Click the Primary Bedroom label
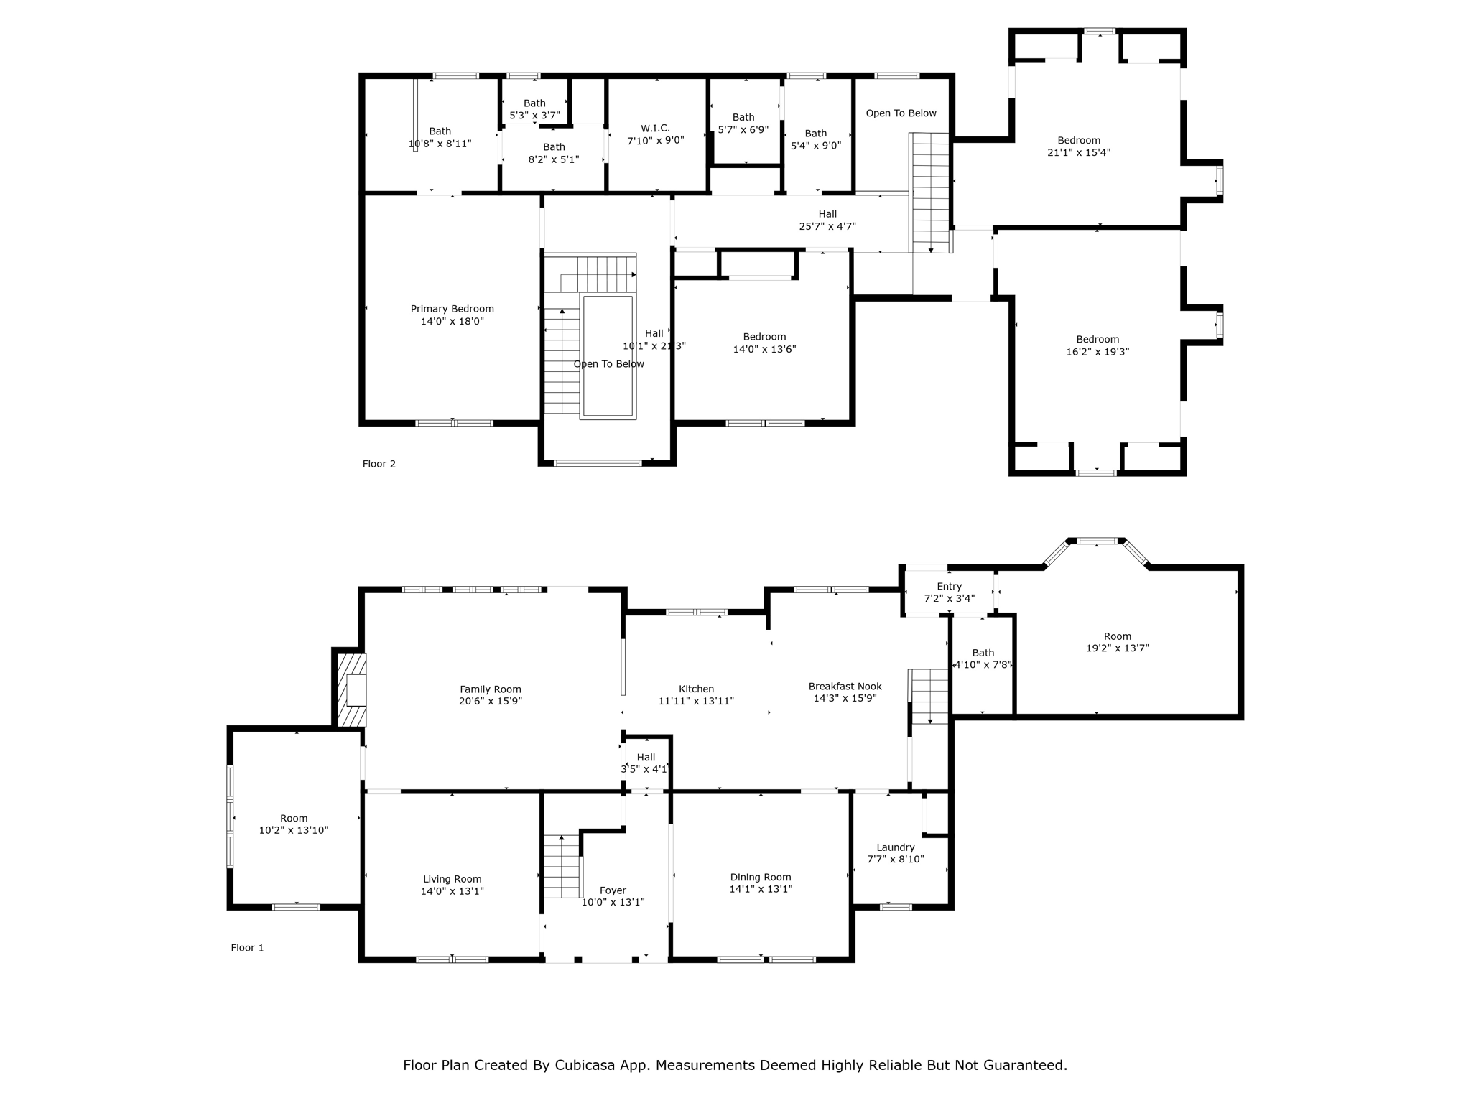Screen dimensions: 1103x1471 coord(452,309)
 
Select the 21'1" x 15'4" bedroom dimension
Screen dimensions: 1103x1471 coord(1078,152)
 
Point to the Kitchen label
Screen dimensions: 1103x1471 coord(696,689)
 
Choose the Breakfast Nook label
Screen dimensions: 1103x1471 coord(845,687)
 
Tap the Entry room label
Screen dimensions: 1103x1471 coord(949,587)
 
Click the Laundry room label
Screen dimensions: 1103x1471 coord(895,847)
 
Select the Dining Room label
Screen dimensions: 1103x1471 coord(760,877)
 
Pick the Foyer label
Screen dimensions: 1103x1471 coord(613,890)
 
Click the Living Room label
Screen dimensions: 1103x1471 coord(452,879)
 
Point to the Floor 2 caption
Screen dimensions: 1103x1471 coord(379,464)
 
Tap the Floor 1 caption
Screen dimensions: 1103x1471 coord(247,948)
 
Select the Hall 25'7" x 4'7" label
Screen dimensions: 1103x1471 coord(827,220)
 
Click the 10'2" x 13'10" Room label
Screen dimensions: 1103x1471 coord(293,824)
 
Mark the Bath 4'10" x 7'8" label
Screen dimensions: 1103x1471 coord(983,658)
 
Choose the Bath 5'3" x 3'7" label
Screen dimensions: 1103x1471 coord(534,109)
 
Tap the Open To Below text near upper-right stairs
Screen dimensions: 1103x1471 coord(901,113)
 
